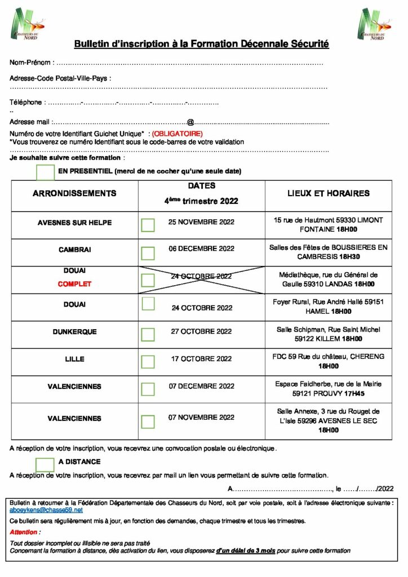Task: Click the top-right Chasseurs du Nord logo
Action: coord(373,24)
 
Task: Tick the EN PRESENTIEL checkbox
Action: coord(45,172)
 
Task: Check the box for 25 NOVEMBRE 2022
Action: coord(148,225)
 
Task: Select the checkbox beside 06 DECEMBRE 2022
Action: coord(148,252)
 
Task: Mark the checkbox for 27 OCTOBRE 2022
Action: coord(148,334)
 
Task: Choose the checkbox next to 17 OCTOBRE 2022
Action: coord(148,361)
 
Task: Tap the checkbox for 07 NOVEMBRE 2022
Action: coord(148,421)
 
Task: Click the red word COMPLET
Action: coord(74,284)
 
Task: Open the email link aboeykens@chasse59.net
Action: coord(46,509)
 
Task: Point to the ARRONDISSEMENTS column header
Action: coord(74,193)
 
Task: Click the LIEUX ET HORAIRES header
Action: coord(328,193)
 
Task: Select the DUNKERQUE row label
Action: coord(74,332)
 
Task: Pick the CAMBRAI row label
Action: coord(74,249)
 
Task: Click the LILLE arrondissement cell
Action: coord(74,359)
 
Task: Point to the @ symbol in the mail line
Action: coord(190,122)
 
